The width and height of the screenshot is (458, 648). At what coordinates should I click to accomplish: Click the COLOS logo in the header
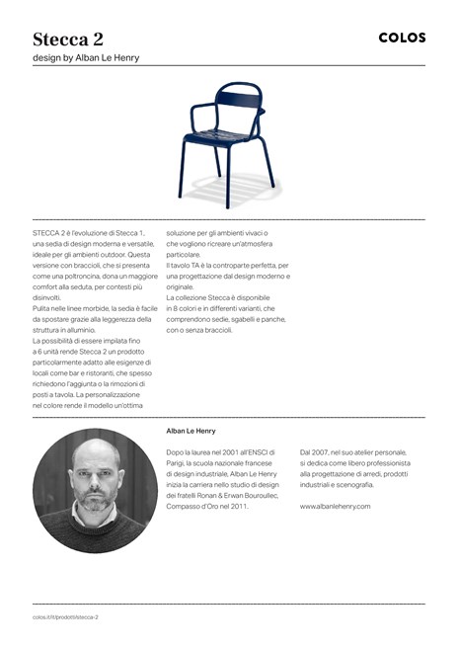point(402,38)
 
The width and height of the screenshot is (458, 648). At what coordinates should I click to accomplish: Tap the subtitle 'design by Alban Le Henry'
point(86,57)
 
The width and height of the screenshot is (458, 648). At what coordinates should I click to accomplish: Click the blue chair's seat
point(223,137)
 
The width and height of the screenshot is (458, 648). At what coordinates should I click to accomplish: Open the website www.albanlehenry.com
point(335,507)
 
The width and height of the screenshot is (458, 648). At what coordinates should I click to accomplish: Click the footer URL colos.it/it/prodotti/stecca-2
point(65,616)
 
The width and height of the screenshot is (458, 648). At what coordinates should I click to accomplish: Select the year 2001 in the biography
point(235,451)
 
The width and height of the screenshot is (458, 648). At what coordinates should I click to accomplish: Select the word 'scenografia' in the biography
point(355,485)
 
